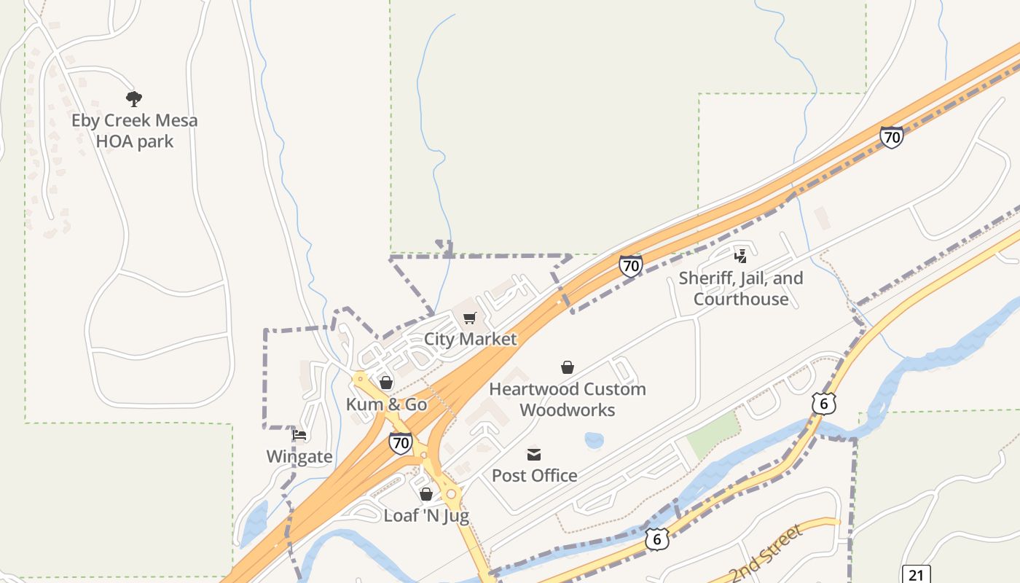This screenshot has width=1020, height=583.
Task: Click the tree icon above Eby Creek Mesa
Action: tap(133, 99)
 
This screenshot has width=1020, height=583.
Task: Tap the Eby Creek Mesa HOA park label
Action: tap(135, 130)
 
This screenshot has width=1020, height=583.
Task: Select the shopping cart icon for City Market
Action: tap(469, 318)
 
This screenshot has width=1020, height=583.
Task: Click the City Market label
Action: tap(470, 339)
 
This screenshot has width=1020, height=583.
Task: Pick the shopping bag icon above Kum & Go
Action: tap(386, 383)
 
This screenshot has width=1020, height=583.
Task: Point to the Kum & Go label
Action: tap(386, 404)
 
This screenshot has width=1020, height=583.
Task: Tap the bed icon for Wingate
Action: tap(299, 436)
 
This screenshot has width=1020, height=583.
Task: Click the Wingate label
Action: tap(299, 457)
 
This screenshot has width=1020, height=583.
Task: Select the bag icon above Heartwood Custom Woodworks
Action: tap(568, 367)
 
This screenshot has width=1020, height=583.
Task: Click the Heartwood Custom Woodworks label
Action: tap(568, 399)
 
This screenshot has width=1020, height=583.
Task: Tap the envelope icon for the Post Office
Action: tap(534, 455)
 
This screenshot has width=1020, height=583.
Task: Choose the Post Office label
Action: tap(534, 476)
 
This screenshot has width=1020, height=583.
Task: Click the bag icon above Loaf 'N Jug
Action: tap(426, 495)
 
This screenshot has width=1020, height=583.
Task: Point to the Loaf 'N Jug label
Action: tap(426, 516)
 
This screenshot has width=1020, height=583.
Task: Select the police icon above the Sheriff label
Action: tap(741, 256)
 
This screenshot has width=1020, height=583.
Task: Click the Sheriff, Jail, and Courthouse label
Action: tap(741, 289)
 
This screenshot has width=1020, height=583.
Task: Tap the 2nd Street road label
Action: tap(766, 552)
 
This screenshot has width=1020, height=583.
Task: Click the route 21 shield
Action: tap(916, 575)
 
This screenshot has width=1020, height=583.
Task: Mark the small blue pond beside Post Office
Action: tap(594, 440)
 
